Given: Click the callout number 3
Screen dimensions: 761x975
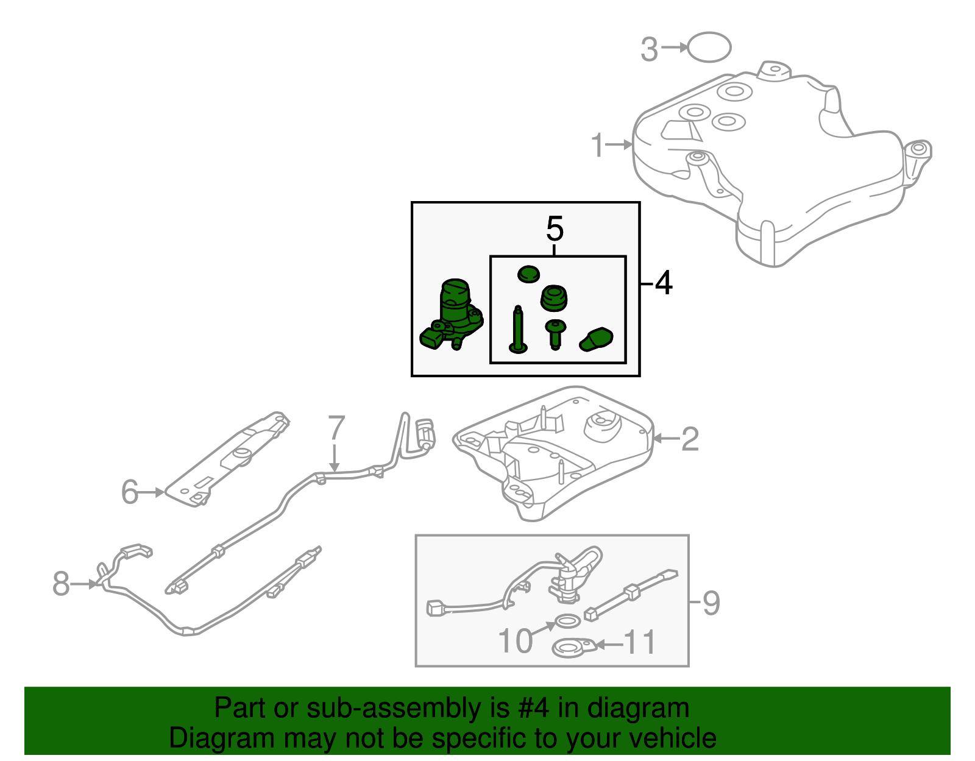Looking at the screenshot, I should [x=650, y=49].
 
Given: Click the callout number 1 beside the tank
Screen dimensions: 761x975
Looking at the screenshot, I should [x=598, y=146].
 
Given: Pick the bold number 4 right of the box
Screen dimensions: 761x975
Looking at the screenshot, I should [x=663, y=283].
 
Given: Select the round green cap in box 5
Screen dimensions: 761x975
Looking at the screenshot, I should [x=528, y=274].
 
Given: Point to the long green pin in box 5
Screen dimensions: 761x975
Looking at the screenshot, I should [x=518, y=330].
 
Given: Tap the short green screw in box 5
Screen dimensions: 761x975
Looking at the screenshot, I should [x=555, y=334].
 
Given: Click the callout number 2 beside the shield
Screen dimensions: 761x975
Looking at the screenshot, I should [x=690, y=439].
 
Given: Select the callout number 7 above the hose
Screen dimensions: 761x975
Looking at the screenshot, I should [x=336, y=429].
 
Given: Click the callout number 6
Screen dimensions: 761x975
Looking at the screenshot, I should [x=130, y=492].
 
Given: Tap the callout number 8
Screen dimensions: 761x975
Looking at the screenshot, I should [x=61, y=584].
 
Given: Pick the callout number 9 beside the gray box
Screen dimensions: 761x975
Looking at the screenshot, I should [x=711, y=603].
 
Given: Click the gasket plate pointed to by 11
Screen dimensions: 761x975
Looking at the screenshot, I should [x=573, y=648].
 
